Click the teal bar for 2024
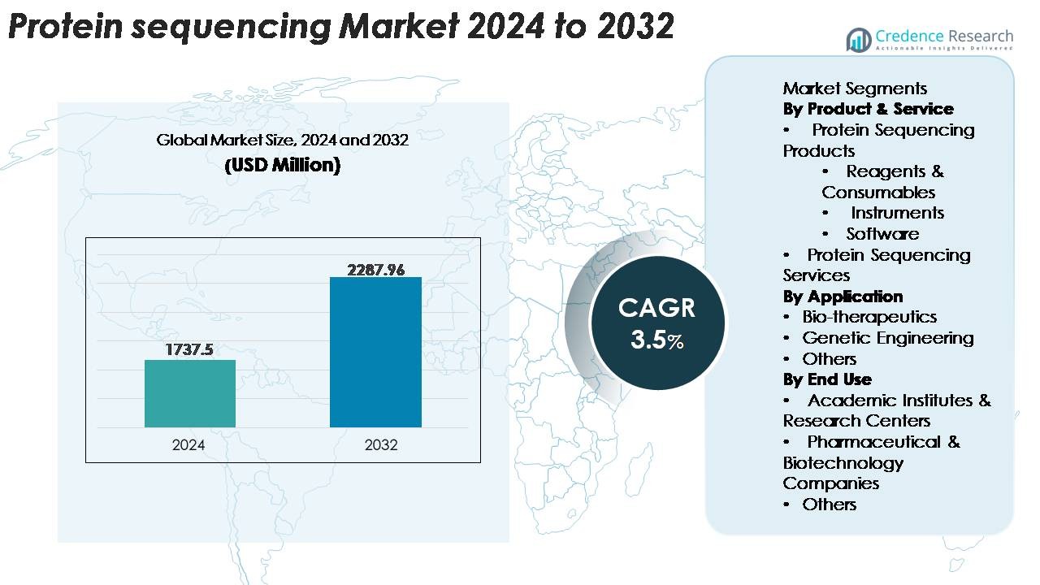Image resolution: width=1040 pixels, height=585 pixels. (x=190, y=393)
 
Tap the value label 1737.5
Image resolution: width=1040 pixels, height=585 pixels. (x=189, y=349)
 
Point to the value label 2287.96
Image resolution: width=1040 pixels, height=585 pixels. (x=375, y=270)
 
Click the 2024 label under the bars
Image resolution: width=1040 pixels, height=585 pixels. (x=188, y=444)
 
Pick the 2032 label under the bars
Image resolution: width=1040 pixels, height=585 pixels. (x=381, y=444)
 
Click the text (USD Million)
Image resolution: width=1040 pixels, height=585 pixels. (x=282, y=165)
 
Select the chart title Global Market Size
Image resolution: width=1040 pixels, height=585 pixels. (x=282, y=140)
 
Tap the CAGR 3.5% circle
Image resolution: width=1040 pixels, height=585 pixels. (x=656, y=323)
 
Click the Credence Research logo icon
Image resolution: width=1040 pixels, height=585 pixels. (x=859, y=39)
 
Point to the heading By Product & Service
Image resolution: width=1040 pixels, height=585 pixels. (x=868, y=109)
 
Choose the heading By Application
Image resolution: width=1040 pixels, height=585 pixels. (x=843, y=297)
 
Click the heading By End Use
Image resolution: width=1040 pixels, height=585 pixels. (x=827, y=379)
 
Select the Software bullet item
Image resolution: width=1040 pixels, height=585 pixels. (x=882, y=234)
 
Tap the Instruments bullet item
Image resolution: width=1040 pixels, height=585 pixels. (x=897, y=213)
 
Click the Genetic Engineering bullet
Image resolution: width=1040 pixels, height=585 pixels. (x=887, y=338)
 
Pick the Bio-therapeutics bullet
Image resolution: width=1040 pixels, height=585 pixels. (x=869, y=317)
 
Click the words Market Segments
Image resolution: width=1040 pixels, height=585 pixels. (x=855, y=89)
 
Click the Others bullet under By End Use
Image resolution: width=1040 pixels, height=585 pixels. (x=829, y=505)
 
